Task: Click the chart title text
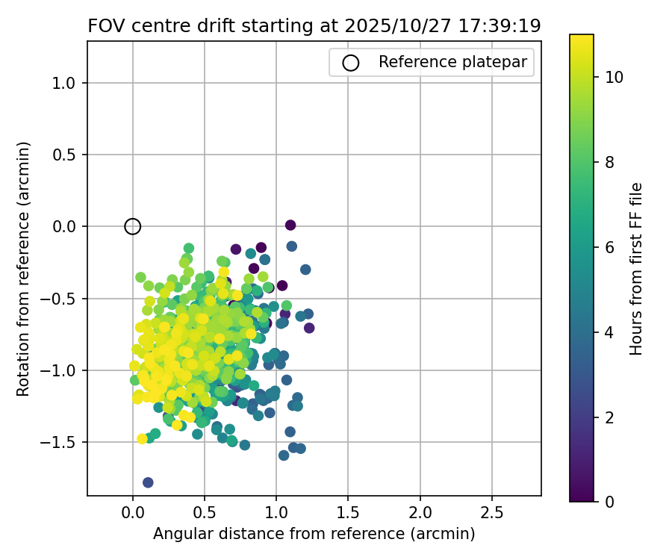pyautogui.click(x=314, y=25)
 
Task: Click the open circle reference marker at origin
pyautogui.click(x=133, y=226)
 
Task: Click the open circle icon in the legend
pyautogui.click(x=351, y=63)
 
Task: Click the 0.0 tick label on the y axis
pyautogui.click(x=66, y=226)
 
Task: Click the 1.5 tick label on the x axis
pyautogui.click(x=348, y=514)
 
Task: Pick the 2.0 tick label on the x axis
pyautogui.click(x=420, y=514)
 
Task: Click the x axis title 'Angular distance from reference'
pyautogui.click(x=314, y=534)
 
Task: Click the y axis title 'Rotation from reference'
pyautogui.click(x=23, y=269)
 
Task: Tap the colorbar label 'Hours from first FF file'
pyautogui.click(x=636, y=269)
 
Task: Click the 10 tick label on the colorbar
pyautogui.click(x=615, y=77)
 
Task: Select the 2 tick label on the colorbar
pyautogui.click(x=609, y=417)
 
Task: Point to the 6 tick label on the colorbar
pyautogui.click(x=609, y=247)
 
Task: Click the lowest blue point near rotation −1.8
pyautogui.click(x=148, y=482)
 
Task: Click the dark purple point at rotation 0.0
pyautogui.click(x=290, y=225)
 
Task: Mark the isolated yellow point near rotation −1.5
pyautogui.click(x=142, y=438)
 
